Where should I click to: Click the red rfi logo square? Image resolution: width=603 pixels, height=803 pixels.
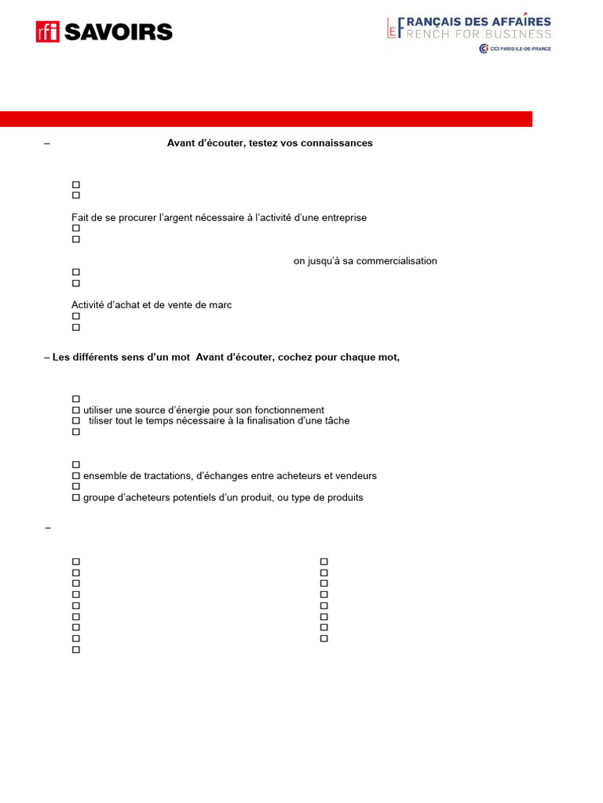(x=47, y=31)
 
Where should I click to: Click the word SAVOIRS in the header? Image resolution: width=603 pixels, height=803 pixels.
(x=118, y=32)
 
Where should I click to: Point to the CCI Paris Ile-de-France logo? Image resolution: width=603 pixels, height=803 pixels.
(x=515, y=49)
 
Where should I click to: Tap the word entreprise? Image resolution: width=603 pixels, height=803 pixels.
(x=341, y=217)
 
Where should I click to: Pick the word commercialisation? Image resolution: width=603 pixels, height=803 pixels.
(x=397, y=261)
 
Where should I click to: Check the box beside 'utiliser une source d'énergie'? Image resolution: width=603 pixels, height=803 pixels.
(x=76, y=410)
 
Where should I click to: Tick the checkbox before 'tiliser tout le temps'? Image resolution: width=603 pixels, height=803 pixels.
(x=76, y=421)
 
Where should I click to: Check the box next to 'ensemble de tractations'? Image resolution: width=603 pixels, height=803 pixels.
(x=76, y=476)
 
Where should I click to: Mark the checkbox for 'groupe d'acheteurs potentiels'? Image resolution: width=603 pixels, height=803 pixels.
(x=76, y=498)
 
